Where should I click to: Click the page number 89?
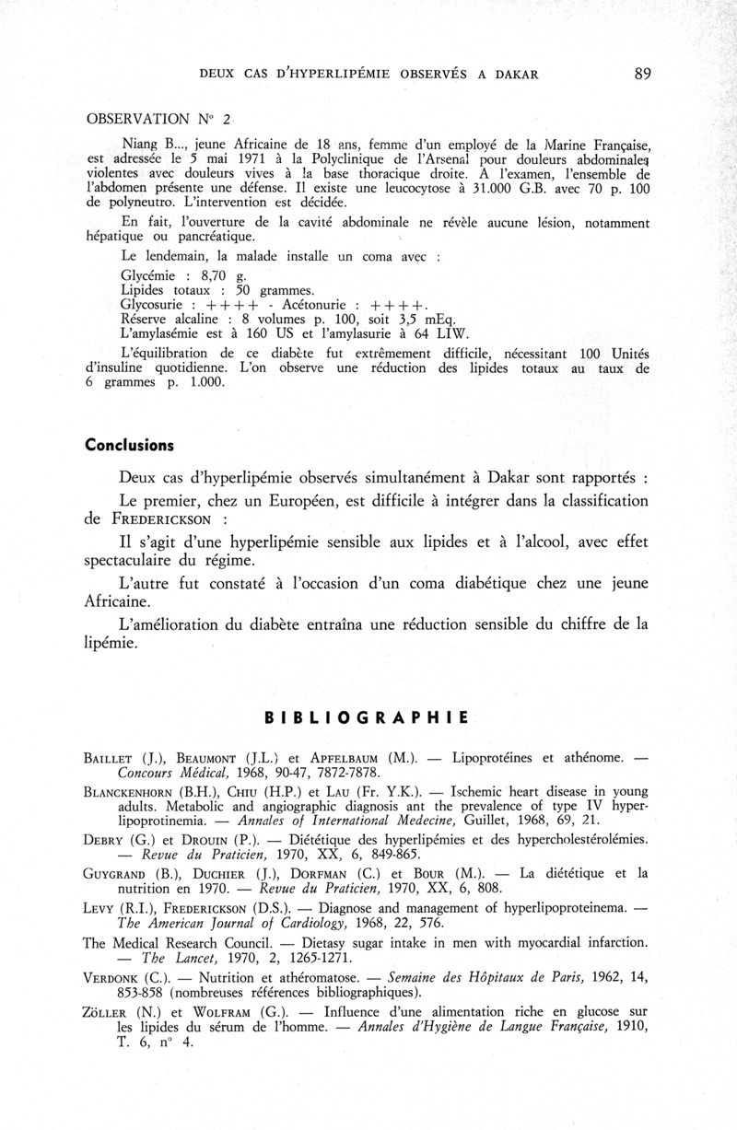click(642, 75)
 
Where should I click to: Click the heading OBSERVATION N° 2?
click(160, 120)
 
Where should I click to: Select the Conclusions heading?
click(129, 444)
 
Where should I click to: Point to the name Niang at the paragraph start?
click(141, 143)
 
